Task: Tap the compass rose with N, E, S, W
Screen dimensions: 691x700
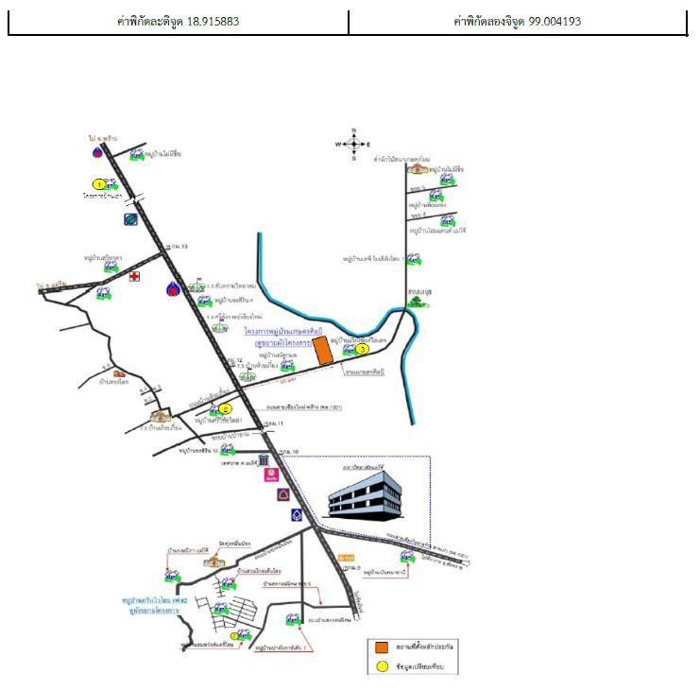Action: [x=353, y=145]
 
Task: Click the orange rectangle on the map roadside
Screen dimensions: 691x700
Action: [x=323, y=350]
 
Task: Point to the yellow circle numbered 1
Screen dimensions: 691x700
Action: [x=98, y=184]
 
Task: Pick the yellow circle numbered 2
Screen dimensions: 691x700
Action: [x=225, y=409]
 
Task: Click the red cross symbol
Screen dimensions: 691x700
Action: [x=136, y=277]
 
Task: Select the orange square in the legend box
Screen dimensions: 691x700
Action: [x=381, y=648]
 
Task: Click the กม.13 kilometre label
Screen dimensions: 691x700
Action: [x=177, y=247]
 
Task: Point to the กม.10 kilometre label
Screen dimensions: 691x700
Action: [x=289, y=453]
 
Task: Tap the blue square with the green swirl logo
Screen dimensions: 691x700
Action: [x=130, y=218]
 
